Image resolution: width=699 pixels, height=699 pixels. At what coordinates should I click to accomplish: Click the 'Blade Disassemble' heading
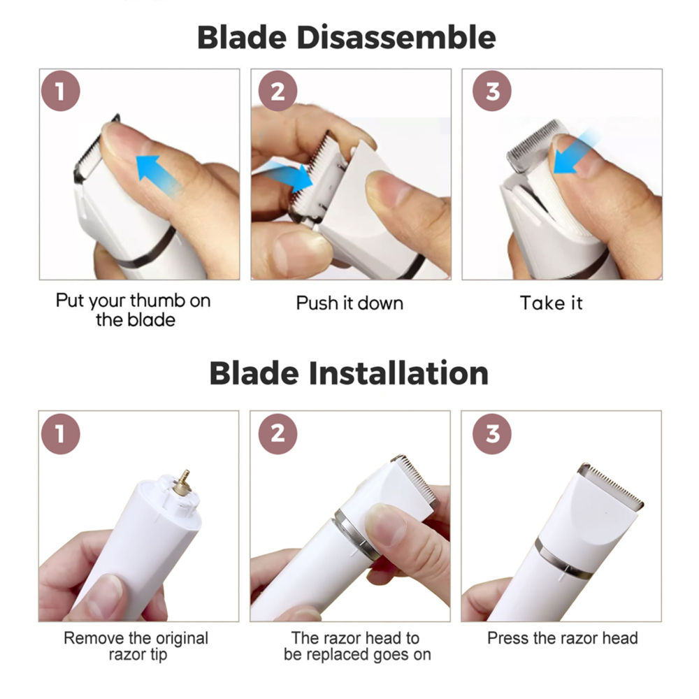[x=347, y=36]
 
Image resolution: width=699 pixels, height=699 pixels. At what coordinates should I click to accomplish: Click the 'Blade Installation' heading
[x=349, y=373]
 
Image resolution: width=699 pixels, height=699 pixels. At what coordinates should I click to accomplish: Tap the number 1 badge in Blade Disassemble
[x=61, y=92]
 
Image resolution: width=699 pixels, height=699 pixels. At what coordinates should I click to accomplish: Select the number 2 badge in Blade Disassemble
[x=278, y=92]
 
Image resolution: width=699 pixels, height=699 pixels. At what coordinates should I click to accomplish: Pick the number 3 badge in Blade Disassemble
[x=493, y=92]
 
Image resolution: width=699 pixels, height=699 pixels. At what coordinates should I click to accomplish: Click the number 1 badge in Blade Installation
[x=61, y=433]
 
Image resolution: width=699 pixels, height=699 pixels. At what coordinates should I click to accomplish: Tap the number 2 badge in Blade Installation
[x=278, y=433]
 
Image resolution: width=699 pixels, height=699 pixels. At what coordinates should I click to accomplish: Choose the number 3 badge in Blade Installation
[x=493, y=433]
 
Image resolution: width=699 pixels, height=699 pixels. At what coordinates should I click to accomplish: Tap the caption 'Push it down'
[x=349, y=303]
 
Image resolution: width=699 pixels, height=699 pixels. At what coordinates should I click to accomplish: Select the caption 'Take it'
[x=551, y=303]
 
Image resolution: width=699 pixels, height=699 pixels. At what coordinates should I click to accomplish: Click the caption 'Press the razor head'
[x=562, y=637]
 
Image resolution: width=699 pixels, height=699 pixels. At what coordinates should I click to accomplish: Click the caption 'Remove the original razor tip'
[x=136, y=646]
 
